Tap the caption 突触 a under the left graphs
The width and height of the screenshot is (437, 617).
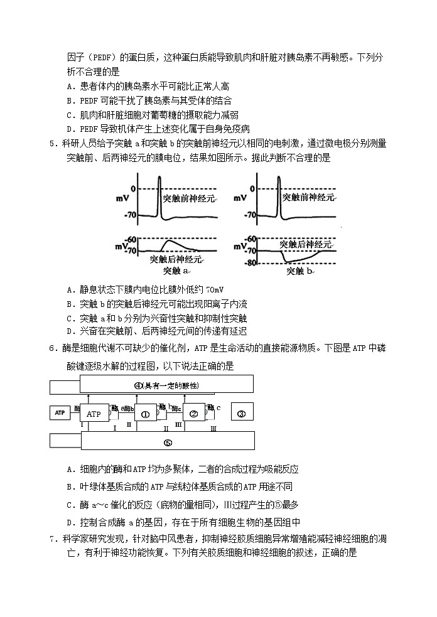(176, 271)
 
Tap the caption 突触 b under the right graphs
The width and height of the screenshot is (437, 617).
(300, 271)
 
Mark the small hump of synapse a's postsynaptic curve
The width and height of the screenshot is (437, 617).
(168, 242)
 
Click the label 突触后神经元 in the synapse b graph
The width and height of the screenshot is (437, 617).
(305, 244)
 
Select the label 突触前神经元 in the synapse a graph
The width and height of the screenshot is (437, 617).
(188, 198)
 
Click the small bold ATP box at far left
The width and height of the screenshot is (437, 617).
(60, 412)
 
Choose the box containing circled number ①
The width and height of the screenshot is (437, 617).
(145, 414)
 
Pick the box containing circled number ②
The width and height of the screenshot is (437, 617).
(194, 414)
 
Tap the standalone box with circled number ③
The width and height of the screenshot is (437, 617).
(242, 412)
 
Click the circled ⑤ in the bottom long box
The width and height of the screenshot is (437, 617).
(168, 442)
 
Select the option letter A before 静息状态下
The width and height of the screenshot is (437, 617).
(69, 289)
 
